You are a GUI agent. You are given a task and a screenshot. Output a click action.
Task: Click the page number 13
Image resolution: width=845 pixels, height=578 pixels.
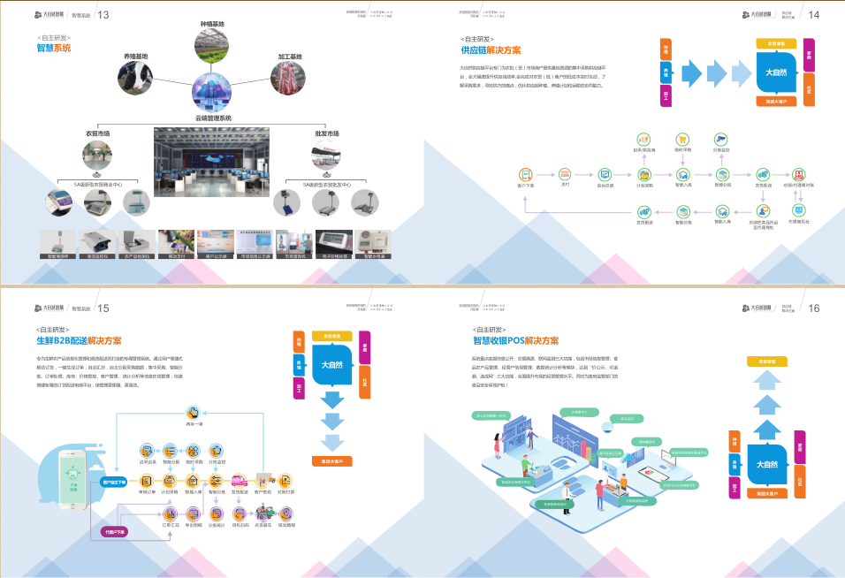coord(103,14)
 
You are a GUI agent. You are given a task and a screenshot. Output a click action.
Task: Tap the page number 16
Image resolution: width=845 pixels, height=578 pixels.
coord(814,308)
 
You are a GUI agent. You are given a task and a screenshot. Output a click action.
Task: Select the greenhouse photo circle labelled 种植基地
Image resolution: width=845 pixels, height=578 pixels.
coord(213,47)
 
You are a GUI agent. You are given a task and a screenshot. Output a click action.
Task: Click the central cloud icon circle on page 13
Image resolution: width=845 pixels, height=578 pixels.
coord(213,94)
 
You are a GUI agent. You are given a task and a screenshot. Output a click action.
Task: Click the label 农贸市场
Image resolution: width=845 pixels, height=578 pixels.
coord(97,133)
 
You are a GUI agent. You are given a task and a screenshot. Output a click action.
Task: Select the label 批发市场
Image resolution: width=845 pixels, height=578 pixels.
coord(328,133)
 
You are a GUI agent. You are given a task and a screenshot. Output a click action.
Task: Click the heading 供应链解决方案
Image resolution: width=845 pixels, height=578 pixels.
coord(491,50)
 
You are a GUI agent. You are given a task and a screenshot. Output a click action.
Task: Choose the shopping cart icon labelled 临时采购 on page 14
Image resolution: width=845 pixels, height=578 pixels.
coord(682,140)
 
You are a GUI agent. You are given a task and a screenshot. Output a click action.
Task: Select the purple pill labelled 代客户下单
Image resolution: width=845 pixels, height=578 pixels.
coord(114,532)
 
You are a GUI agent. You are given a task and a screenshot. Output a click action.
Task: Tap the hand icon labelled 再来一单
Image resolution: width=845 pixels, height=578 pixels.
coord(194,413)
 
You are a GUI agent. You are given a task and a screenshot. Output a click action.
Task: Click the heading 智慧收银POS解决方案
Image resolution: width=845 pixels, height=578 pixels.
coord(515,340)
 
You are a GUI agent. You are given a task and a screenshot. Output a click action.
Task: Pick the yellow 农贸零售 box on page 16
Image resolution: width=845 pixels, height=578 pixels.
coord(766,361)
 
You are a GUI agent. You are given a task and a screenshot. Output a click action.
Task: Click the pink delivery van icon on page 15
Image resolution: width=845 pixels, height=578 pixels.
coord(239,481)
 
